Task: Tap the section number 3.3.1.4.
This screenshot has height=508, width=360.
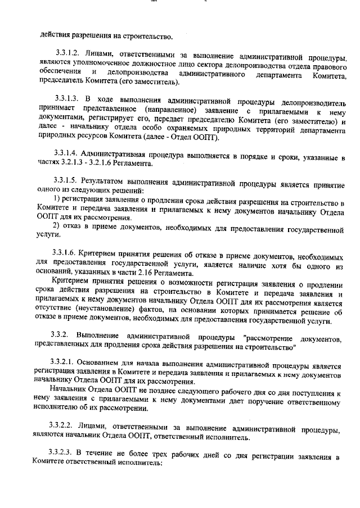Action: [64, 153]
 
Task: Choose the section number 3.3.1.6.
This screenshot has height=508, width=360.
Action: [64, 252]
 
